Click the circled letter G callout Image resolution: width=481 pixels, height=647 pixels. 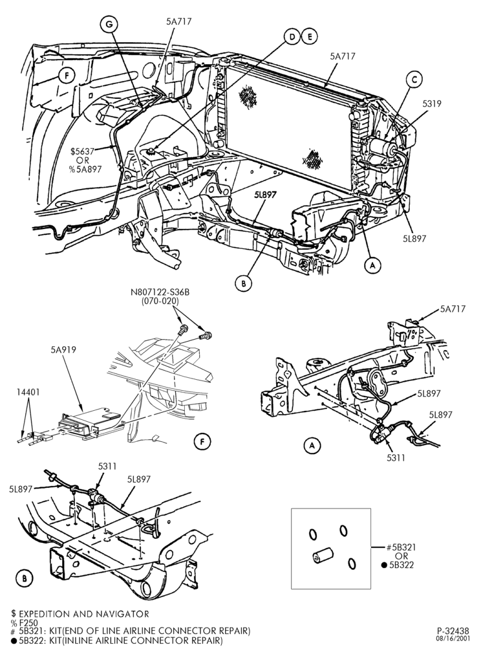tap(109, 25)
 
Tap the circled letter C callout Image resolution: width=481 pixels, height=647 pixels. tap(414, 79)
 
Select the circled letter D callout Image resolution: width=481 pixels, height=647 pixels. tap(292, 37)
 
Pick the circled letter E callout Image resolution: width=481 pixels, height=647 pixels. tap(309, 37)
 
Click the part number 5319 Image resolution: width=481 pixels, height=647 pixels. tap(431, 104)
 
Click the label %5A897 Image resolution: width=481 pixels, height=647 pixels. tap(85, 169)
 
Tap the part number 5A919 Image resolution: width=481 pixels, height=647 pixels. tap(63, 349)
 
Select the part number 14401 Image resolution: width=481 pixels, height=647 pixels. tap(28, 392)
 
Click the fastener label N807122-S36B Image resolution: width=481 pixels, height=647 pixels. tap(160, 292)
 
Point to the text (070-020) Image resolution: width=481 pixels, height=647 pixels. tap(160, 302)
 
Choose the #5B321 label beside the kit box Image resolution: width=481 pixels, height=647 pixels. tap(401, 547)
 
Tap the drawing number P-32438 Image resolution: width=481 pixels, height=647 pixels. tap(453, 631)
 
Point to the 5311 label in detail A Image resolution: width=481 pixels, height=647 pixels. tap(396, 457)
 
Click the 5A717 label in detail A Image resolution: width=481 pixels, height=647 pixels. tap(453, 309)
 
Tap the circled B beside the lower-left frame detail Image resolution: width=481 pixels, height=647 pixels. tap(25, 578)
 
